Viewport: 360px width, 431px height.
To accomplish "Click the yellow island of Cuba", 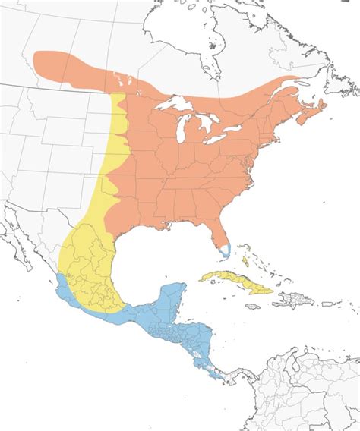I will [x=235, y=281].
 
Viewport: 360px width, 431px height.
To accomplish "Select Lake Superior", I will [x=176, y=103].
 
